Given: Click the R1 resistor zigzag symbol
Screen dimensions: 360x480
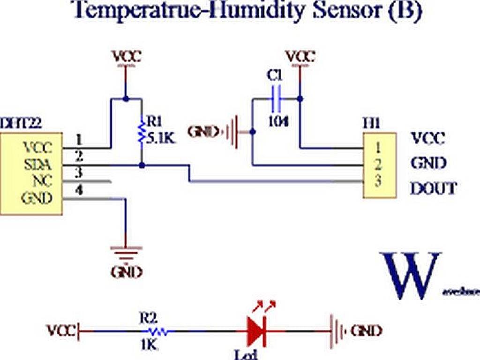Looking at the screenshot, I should (141, 132).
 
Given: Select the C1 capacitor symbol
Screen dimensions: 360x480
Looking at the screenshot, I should (277, 99).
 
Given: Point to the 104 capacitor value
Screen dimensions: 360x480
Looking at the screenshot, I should (278, 121).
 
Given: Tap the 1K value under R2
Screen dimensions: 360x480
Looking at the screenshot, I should (149, 346).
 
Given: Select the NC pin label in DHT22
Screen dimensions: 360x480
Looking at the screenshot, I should (42, 181).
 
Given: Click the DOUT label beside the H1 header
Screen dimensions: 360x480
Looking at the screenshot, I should (433, 189).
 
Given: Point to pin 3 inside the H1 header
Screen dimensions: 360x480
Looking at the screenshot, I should (378, 181).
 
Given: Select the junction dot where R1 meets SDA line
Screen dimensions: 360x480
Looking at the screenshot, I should (142, 165).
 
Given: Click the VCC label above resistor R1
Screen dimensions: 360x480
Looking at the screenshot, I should (127, 57).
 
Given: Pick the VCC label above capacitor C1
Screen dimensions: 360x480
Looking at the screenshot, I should (300, 57).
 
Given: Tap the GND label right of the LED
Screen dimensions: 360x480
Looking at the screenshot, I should (366, 331).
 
